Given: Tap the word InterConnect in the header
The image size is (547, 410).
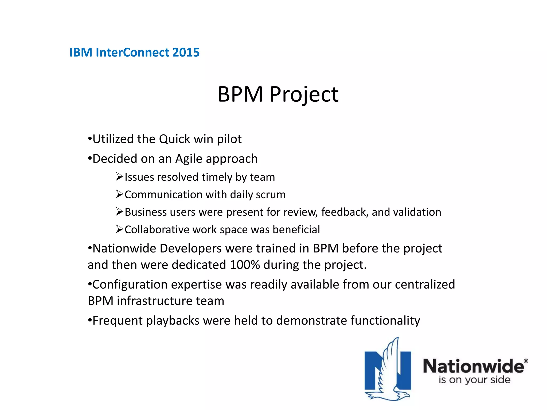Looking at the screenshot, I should tap(132, 52).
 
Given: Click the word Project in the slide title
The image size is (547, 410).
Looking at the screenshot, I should tap(304, 95).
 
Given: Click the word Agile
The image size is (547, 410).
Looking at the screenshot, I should tap(189, 159).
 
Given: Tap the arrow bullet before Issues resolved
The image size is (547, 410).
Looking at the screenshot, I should tap(119, 177).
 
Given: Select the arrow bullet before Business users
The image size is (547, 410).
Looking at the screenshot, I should tap(119, 212).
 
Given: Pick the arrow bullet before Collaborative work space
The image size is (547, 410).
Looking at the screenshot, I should tap(119, 229).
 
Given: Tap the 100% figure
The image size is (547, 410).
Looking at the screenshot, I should tap(245, 265).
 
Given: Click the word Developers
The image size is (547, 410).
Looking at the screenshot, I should tap(191, 249).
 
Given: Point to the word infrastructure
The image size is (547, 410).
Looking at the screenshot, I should tap(155, 301).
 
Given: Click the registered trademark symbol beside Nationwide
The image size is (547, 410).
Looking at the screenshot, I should tap(526, 361).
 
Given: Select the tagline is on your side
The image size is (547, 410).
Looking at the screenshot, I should tap(474, 380).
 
